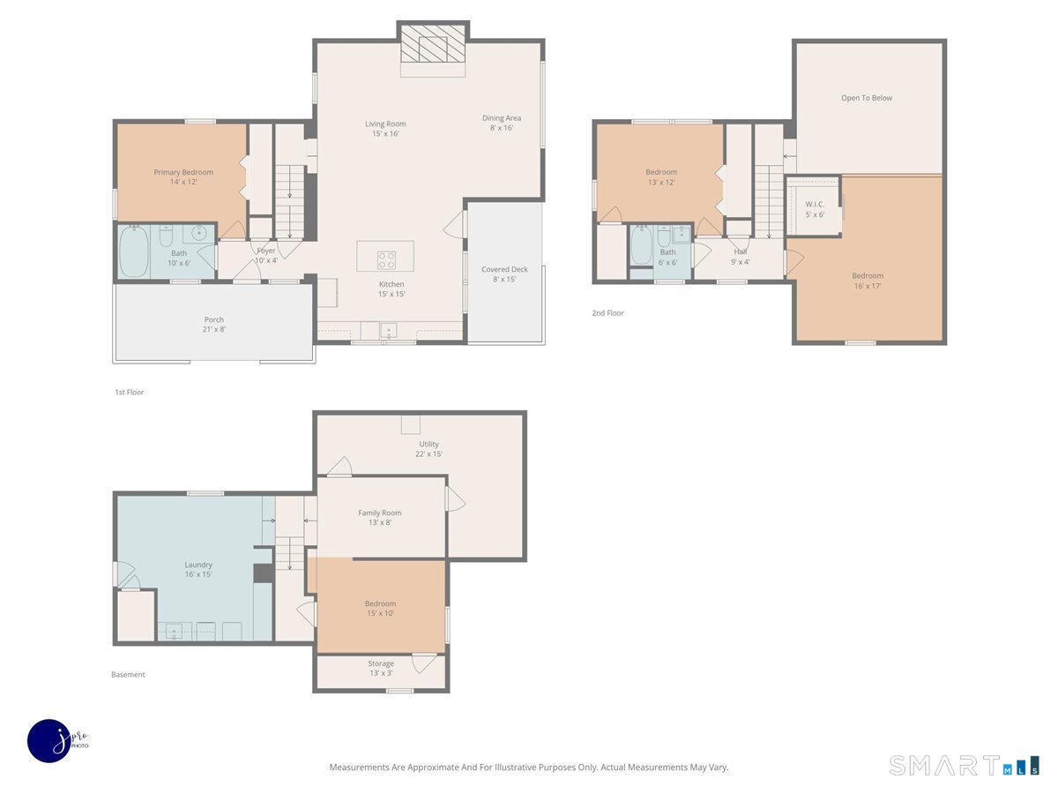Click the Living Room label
point(385,124)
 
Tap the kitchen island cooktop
point(386,260)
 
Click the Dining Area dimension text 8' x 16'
point(502,128)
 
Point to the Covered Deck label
point(504,269)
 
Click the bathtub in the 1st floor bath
point(134,251)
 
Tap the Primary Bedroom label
point(183,172)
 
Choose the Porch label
point(213,319)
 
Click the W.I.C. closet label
point(815,205)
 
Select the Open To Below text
point(866,98)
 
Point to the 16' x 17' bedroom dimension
point(868,286)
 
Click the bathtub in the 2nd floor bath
point(641,245)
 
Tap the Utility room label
point(428,444)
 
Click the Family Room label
point(379,513)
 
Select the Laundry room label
point(198,565)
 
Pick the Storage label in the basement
point(381,663)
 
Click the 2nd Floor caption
point(607,313)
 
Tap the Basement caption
point(128,674)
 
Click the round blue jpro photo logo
point(49,741)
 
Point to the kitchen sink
point(389,331)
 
